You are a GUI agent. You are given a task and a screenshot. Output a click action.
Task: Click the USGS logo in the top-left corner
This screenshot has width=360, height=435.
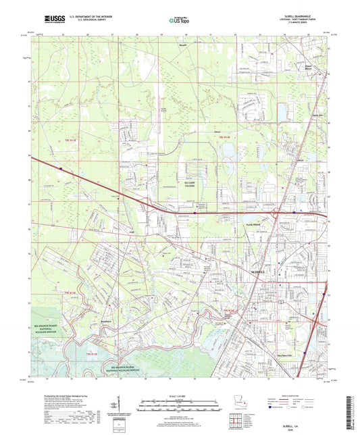(x=49, y=21)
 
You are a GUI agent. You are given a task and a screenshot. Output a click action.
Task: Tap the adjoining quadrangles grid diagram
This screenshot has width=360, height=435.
(x=236, y=415)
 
